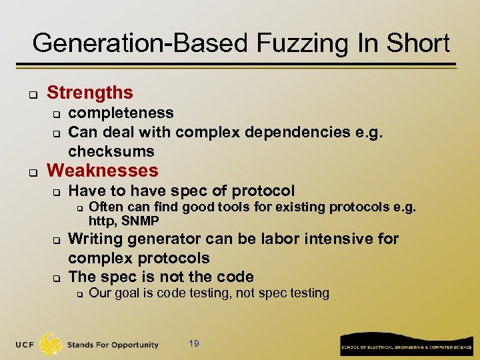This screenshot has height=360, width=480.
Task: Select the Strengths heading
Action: click(90, 93)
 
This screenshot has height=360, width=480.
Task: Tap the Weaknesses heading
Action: click(103, 171)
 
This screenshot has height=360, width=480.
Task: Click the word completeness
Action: click(121, 113)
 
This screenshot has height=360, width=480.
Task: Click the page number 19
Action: click(194, 343)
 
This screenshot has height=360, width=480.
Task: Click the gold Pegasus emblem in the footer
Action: click(51, 343)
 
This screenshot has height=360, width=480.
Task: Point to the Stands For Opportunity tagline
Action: click(112, 345)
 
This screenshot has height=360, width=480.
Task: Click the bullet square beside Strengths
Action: click(31, 95)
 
